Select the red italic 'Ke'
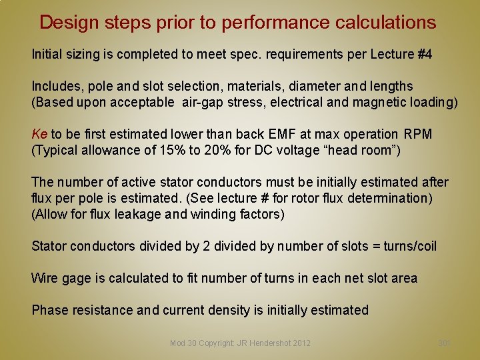click(x=39, y=134)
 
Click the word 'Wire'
click(x=44, y=278)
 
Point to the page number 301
click(x=444, y=343)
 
